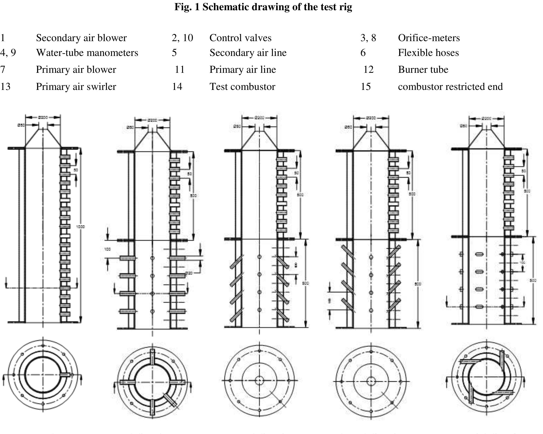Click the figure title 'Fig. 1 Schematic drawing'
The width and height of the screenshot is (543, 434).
tap(263, 7)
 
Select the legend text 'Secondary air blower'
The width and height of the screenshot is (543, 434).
tap(81, 38)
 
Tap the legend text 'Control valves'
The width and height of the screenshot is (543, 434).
tap(240, 38)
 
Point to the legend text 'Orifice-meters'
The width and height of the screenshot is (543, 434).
tap(429, 38)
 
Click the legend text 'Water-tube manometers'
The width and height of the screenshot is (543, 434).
tap(87, 53)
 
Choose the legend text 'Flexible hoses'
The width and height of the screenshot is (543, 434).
tap(428, 53)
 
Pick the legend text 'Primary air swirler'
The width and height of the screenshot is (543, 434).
tap(76, 87)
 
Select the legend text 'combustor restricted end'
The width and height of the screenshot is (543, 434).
tap(450, 87)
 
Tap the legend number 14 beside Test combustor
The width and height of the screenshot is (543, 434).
tap(177, 87)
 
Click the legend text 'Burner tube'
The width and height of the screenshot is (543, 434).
tap(423, 69)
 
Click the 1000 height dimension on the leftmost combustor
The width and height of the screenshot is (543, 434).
tap(80, 227)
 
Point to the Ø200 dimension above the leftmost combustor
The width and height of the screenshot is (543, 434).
tap(43, 117)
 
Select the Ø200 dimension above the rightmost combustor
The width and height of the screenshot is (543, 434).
tap(486, 119)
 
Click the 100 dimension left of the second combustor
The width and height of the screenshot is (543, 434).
tap(107, 249)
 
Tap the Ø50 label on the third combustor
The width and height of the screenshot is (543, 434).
tap(237, 126)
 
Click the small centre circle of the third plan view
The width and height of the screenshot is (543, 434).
tap(259, 381)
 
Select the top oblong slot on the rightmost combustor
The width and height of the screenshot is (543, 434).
tap(479, 254)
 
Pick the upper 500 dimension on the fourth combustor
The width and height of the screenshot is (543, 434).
tap(412, 194)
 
